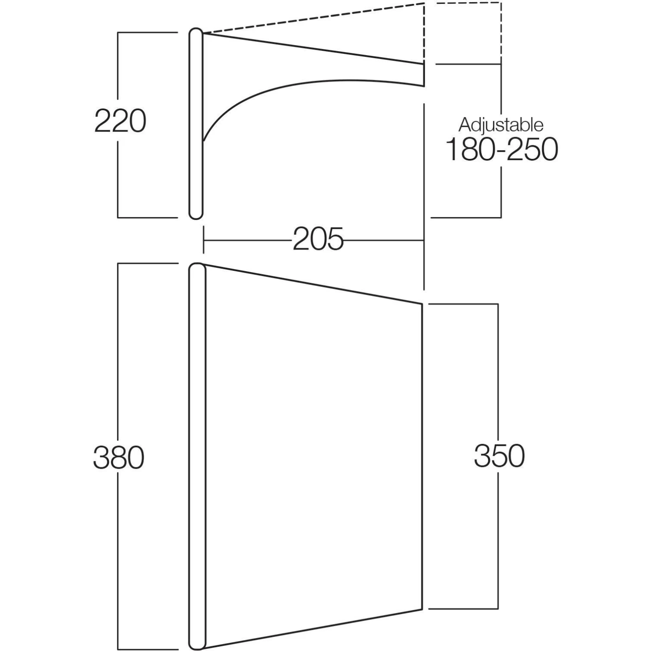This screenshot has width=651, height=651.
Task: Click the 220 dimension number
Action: pos(120,121)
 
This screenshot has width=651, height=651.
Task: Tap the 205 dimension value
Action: pos(318,240)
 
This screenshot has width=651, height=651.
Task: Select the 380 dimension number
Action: pos(118,457)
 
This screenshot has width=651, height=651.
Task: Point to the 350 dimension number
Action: pos(499,456)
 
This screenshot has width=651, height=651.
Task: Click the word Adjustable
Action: pos(501,125)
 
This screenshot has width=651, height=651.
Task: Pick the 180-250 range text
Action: pos(502,150)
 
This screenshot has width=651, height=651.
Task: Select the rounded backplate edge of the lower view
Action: pos(197,456)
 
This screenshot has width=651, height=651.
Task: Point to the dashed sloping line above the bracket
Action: pos(312,18)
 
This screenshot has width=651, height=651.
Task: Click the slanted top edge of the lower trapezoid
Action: pos(312,284)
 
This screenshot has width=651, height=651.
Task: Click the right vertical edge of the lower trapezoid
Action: pos(422,456)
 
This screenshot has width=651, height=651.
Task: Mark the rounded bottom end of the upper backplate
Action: pos(196,216)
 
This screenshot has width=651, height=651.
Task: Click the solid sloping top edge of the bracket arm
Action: pos(312,49)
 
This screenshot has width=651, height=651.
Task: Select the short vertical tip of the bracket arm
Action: pos(423,75)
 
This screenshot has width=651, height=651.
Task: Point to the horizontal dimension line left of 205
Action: pos(247,240)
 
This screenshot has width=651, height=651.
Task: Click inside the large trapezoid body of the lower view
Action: pos(312,456)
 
